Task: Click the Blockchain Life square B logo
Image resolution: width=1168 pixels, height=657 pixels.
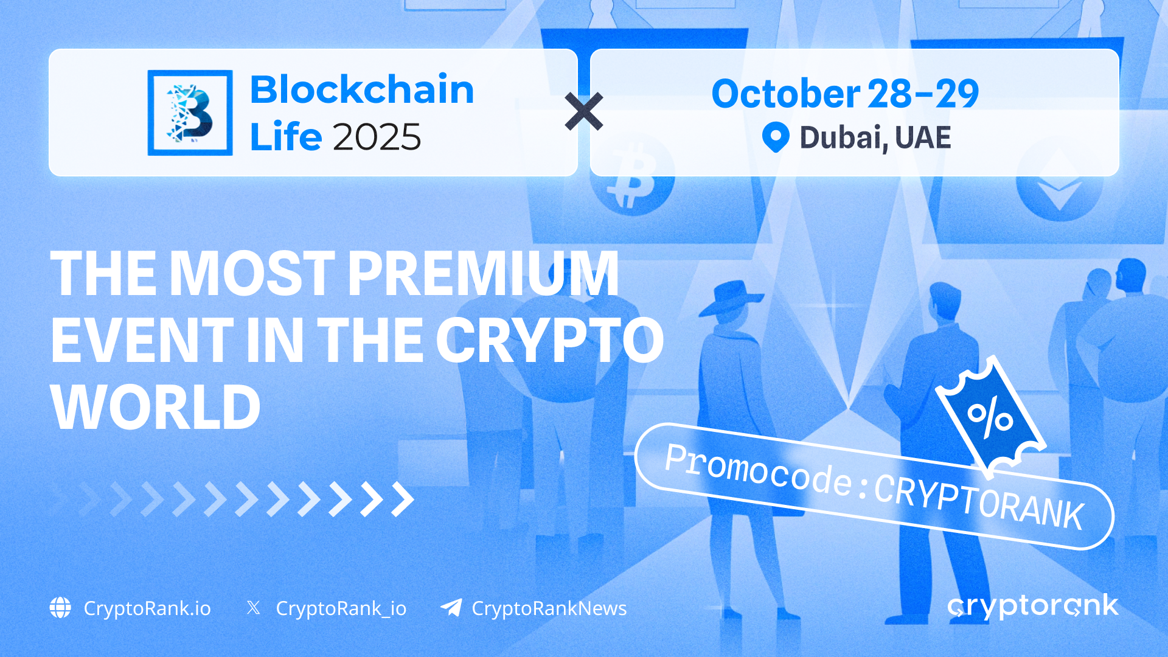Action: pyautogui.click(x=190, y=113)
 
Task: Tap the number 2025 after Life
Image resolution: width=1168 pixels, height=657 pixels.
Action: pyautogui.click(x=377, y=137)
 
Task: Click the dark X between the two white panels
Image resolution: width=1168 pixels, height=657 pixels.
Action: pyautogui.click(x=584, y=111)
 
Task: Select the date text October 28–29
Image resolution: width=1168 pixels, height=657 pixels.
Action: pyautogui.click(x=845, y=94)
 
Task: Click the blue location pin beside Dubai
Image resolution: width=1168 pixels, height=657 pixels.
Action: pyautogui.click(x=776, y=137)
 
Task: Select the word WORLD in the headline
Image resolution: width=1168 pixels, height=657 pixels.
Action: pyautogui.click(x=156, y=407)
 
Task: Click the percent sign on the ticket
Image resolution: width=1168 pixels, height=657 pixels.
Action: pyautogui.click(x=990, y=417)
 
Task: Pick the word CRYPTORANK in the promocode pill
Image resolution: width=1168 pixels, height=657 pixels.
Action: pyautogui.click(x=979, y=501)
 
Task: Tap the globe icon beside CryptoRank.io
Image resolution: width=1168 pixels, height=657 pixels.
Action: pyautogui.click(x=60, y=608)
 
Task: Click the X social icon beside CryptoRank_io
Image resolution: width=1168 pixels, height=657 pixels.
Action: pyautogui.click(x=254, y=608)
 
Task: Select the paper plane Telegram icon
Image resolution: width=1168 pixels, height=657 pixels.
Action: pyautogui.click(x=451, y=607)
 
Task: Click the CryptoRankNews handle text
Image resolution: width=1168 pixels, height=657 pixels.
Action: pyautogui.click(x=549, y=608)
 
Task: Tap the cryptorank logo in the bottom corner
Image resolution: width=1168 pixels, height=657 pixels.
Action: pyautogui.click(x=1033, y=607)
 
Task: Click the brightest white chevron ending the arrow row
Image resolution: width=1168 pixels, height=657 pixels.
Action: pyautogui.click(x=403, y=499)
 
